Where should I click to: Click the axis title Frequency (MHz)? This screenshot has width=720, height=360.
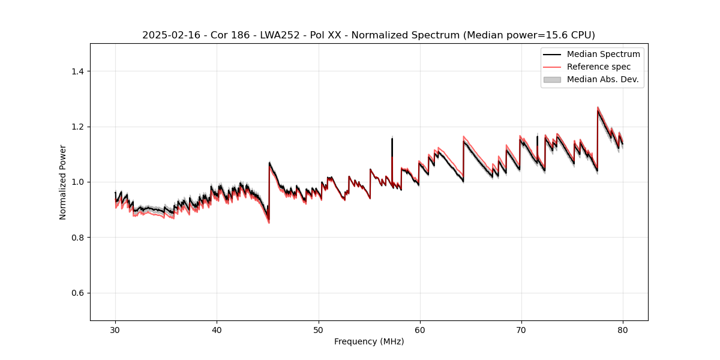tap(369, 341)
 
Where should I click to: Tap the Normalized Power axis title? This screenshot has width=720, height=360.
tap(63, 182)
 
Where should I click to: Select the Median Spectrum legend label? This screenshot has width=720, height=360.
tap(603, 54)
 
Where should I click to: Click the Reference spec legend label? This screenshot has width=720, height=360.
tap(599, 67)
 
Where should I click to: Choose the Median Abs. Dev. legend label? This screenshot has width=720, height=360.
tap(602, 79)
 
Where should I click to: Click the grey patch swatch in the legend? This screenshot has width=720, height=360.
tap(552, 79)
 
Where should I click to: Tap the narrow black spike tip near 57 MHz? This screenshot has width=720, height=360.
tap(392, 139)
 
